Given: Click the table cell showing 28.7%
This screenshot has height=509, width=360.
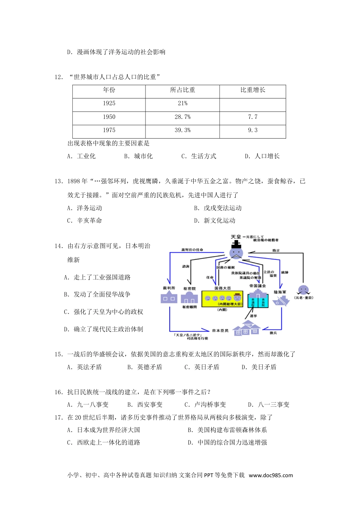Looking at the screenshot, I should coord(182,117).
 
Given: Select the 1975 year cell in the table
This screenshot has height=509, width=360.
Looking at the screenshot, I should coord(109,130).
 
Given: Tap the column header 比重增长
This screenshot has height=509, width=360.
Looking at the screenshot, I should coord(253,90).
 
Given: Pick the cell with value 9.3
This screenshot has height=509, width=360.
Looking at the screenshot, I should coord(253,130).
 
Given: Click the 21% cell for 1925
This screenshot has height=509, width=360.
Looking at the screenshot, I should coord(182,103).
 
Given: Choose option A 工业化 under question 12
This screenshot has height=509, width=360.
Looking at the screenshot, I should coord(81,156).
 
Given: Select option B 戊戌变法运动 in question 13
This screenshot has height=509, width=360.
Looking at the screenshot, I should coord(218,208).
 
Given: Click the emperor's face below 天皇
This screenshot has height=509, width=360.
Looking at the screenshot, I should coord(237,253).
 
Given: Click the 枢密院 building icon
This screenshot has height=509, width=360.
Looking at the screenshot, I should coord(189,298).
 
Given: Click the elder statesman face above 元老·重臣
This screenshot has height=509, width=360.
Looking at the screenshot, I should coord(303,290).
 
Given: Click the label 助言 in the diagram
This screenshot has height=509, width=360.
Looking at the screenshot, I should coord(276,250).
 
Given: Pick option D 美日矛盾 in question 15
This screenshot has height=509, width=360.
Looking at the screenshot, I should coord(259,367).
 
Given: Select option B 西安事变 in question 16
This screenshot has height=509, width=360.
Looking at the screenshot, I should coord(145,404).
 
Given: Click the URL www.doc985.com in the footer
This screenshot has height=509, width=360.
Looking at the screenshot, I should coord(271,475).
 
